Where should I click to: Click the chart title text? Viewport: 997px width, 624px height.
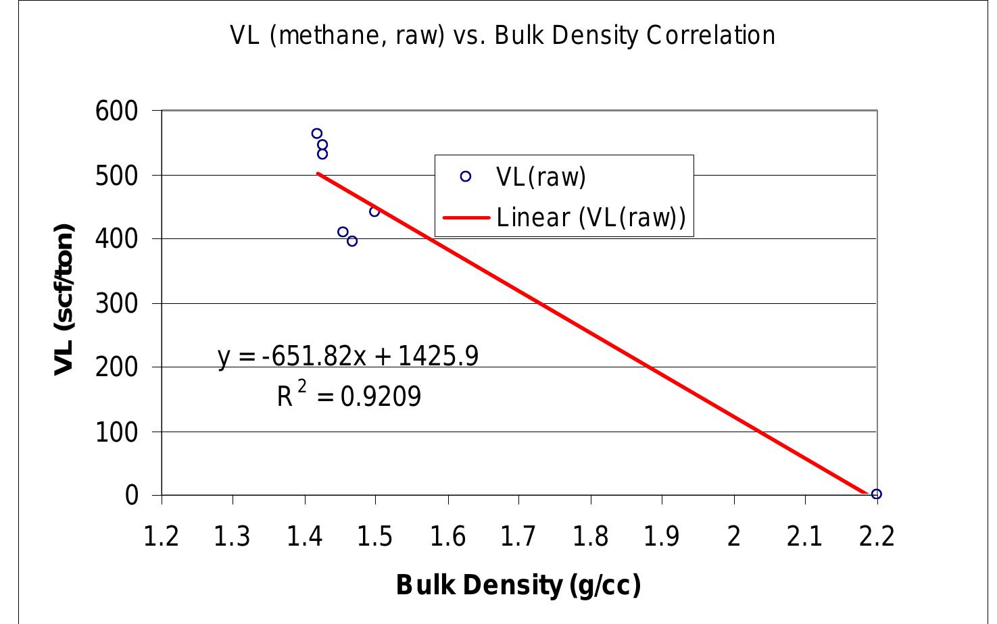point(502,35)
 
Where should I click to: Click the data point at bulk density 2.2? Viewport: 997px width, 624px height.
point(876,494)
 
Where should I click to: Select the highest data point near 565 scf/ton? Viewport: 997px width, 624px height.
point(317,134)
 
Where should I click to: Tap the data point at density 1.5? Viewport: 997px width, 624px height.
point(374,211)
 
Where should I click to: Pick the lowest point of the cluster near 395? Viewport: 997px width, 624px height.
point(352,241)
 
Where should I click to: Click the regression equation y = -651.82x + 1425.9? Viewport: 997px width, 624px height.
point(348,356)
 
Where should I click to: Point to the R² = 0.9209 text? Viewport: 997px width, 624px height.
point(349,396)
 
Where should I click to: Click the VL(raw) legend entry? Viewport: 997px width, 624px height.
point(541,177)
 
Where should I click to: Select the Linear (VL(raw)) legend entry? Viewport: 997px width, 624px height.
point(591,217)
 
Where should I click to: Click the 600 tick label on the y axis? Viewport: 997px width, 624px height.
point(116,111)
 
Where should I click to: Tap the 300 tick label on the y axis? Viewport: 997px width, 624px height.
point(116,303)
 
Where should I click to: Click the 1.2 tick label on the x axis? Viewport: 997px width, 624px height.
point(162,537)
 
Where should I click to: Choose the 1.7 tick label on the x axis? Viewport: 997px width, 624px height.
point(518,537)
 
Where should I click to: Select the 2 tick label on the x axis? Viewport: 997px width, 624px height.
point(733,537)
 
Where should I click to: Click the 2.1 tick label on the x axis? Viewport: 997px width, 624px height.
point(804,537)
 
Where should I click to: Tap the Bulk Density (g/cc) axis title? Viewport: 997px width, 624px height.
point(518,585)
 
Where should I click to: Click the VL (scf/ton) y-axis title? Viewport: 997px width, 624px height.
point(64,299)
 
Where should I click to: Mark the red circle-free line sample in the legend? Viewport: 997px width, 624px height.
point(466,217)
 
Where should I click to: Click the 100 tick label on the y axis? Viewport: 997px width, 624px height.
point(116,432)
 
